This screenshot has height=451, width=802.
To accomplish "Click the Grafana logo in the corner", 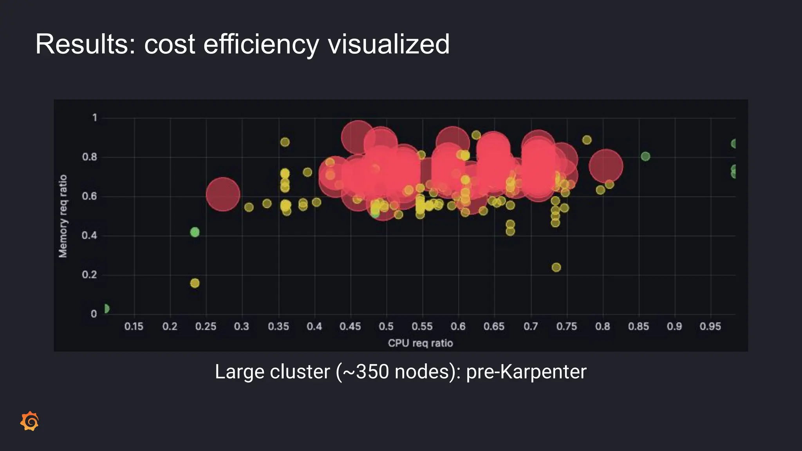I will click(x=30, y=421).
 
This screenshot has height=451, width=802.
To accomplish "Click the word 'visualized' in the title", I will click(x=388, y=44).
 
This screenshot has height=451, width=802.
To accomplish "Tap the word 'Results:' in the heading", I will click(x=85, y=44).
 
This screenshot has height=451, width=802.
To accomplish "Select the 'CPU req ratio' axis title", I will click(x=420, y=343).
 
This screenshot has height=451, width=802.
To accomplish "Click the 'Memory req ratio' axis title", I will click(x=63, y=216).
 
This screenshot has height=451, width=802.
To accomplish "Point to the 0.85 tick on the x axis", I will click(x=638, y=326).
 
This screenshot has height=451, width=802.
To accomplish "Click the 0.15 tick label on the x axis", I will click(x=134, y=326).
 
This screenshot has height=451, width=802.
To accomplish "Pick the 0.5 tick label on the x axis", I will click(x=386, y=326).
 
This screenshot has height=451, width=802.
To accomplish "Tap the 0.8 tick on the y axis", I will click(x=89, y=157).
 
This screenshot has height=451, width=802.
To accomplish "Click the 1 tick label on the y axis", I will click(x=94, y=117).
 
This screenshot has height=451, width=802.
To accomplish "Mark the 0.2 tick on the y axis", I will click(x=89, y=274).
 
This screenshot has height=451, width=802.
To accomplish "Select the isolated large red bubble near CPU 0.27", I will click(x=223, y=194).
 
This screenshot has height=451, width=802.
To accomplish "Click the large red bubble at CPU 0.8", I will click(x=606, y=166).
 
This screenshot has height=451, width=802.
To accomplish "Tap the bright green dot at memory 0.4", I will click(x=195, y=232).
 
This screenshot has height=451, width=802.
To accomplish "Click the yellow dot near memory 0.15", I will click(x=195, y=283).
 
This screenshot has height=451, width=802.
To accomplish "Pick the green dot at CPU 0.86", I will click(x=645, y=157).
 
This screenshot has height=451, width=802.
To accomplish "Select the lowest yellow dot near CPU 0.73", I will click(x=556, y=267).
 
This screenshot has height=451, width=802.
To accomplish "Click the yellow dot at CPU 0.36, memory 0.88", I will click(x=285, y=142).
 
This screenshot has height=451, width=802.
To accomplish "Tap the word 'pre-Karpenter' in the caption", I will click(x=526, y=372).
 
